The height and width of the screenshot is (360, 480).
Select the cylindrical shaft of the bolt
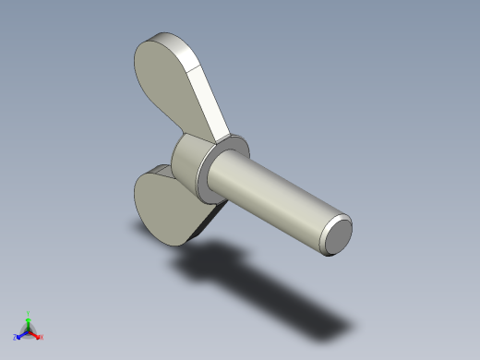(x=282, y=198)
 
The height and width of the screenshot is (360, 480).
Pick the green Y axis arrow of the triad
(x=29, y=319)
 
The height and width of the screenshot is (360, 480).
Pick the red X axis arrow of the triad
(x=37, y=334)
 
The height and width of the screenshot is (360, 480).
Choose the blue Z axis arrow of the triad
(x=21, y=334)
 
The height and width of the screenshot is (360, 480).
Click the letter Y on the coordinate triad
(x=29, y=313)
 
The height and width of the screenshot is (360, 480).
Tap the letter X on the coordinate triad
(x=42, y=337)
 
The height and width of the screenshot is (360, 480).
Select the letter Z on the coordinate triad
(x=16, y=337)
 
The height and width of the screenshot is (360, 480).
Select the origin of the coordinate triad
(x=29, y=330)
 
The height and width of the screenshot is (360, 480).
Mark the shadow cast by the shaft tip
(x=332, y=326)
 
